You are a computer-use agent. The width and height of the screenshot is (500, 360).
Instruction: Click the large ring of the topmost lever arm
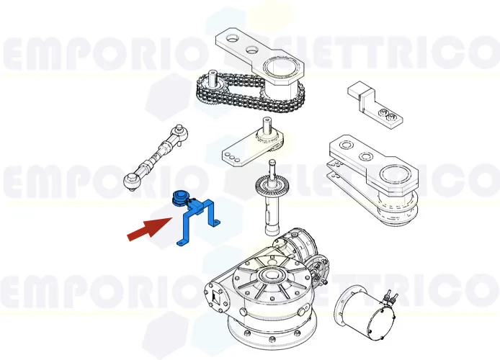coord(282,70)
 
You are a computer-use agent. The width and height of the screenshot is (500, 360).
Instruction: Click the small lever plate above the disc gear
coord(249,148)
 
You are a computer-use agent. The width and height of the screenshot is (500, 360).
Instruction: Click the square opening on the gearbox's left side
coord(214,297)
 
